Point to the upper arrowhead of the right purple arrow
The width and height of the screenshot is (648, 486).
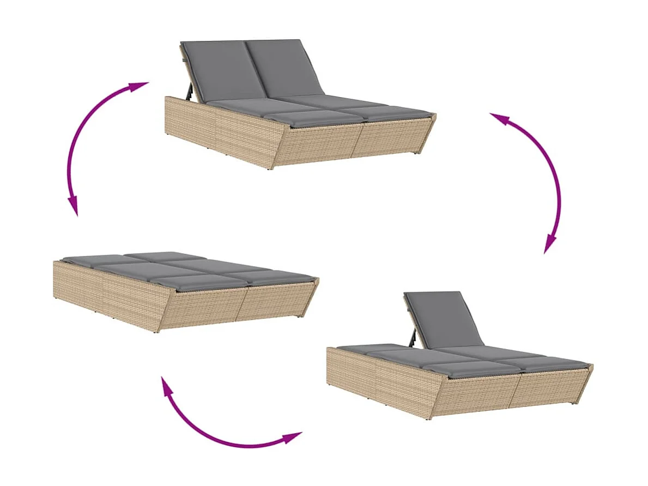click(499, 118)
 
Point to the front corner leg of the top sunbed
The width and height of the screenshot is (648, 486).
click(271, 167)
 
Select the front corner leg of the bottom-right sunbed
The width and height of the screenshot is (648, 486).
click(432, 417)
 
